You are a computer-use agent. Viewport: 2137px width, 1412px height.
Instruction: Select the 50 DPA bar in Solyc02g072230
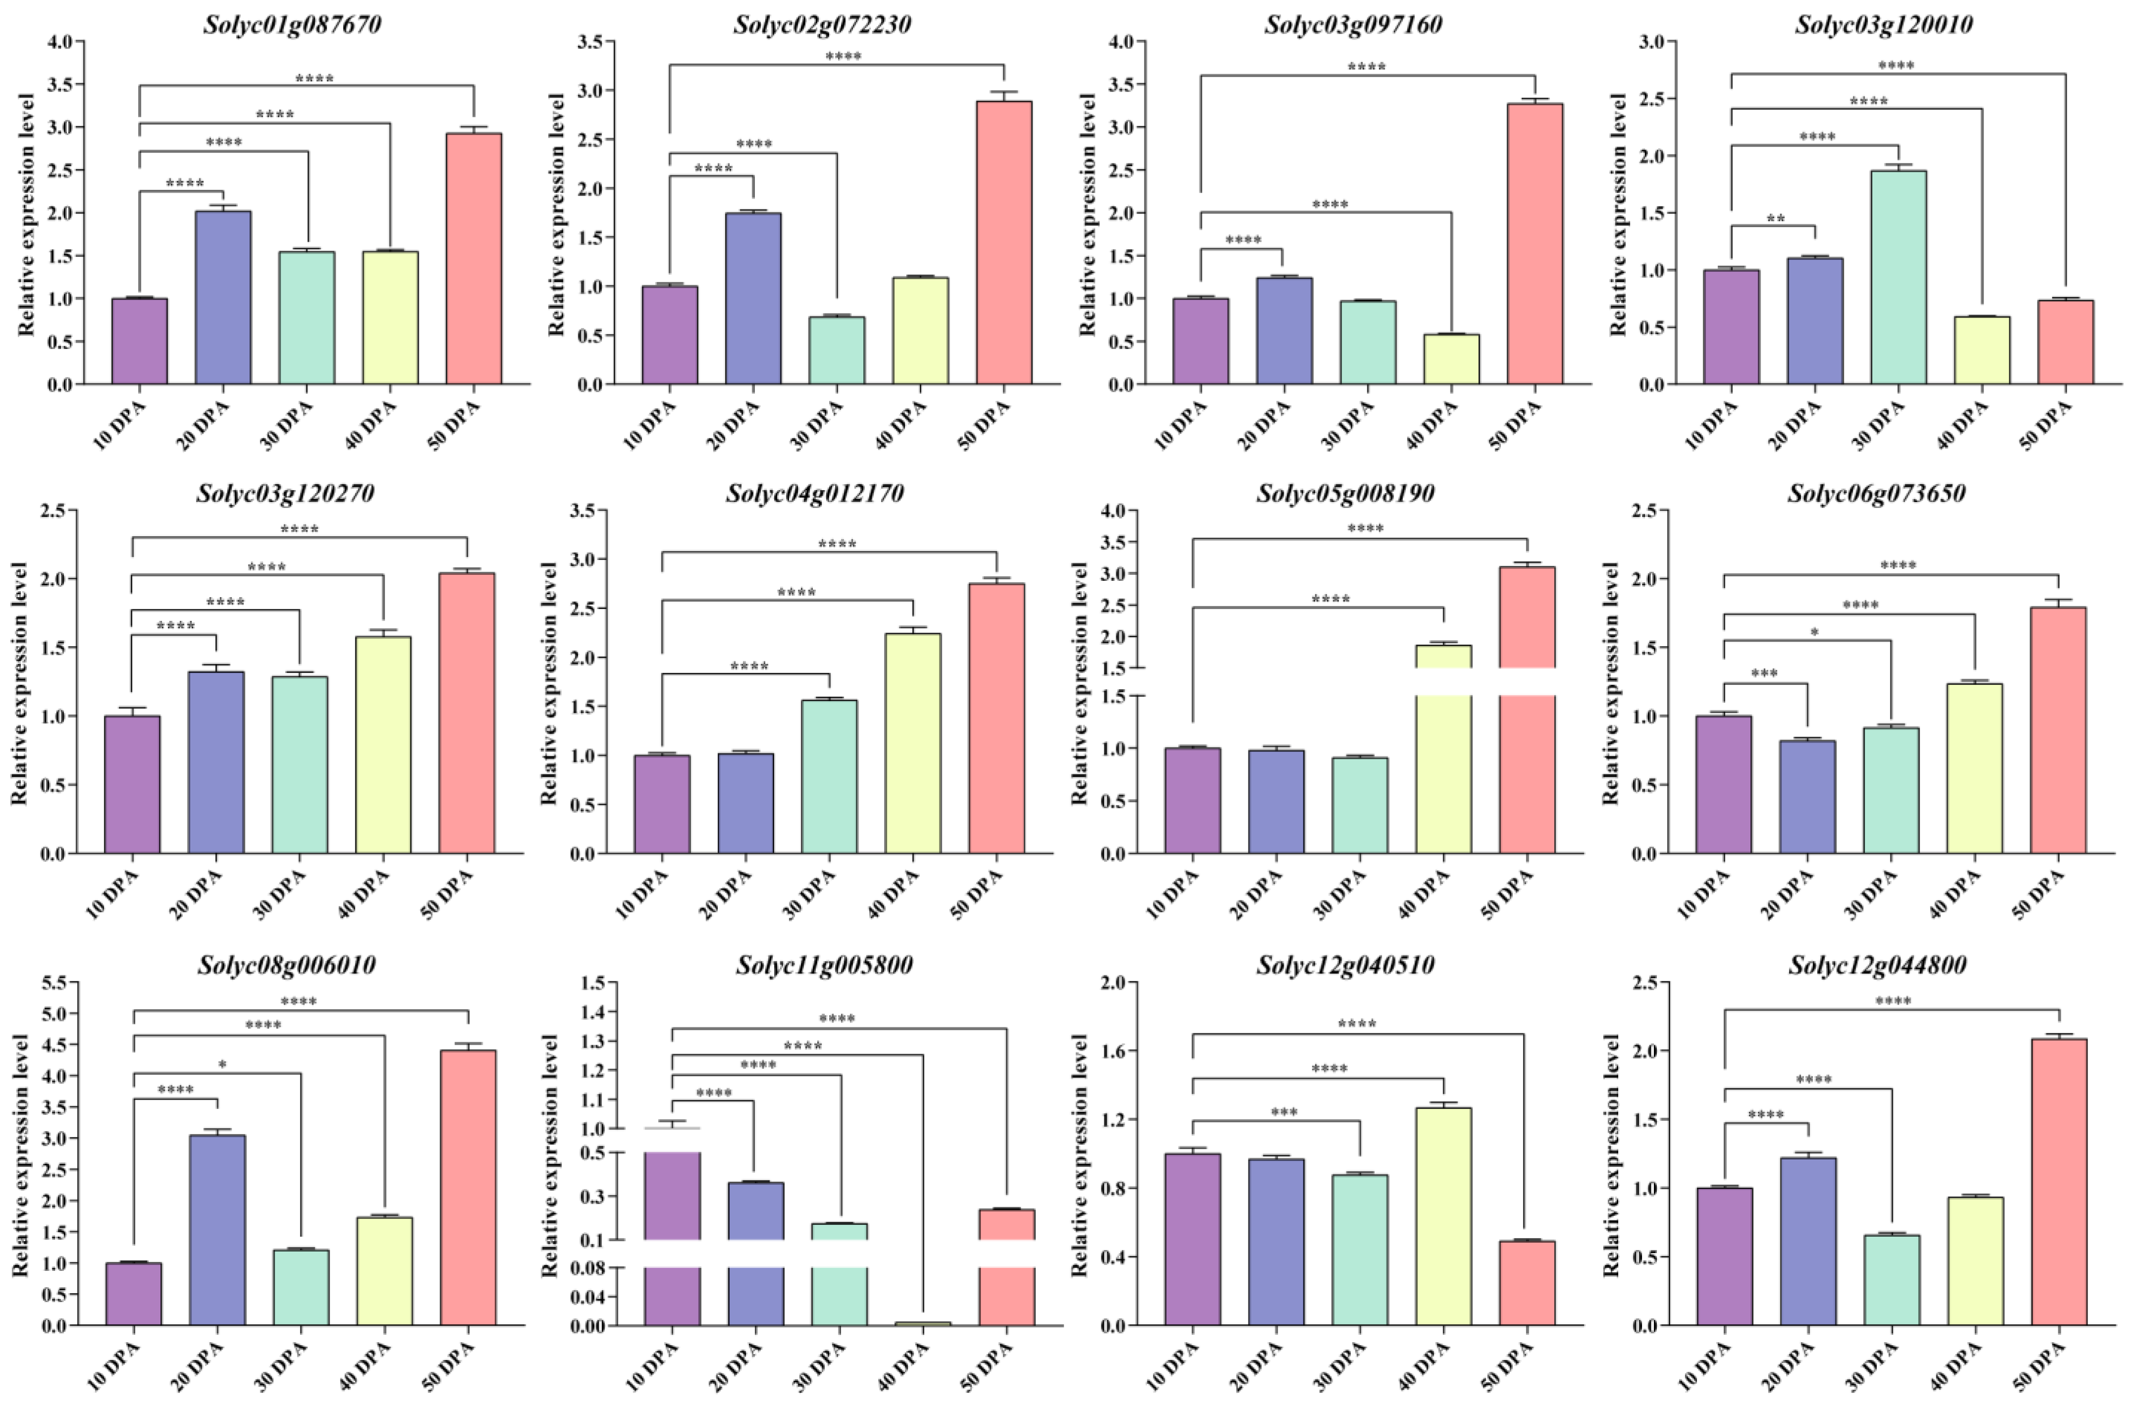[1004, 243]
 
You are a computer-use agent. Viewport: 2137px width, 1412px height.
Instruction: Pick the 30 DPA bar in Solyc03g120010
[1898, 277]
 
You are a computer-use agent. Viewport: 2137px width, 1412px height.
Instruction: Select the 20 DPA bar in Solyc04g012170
[745, 803]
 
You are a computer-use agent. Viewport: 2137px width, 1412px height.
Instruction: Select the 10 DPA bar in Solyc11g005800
[672, 1225]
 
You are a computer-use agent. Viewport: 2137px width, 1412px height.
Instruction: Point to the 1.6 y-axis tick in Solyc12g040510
[1113, 1051]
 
